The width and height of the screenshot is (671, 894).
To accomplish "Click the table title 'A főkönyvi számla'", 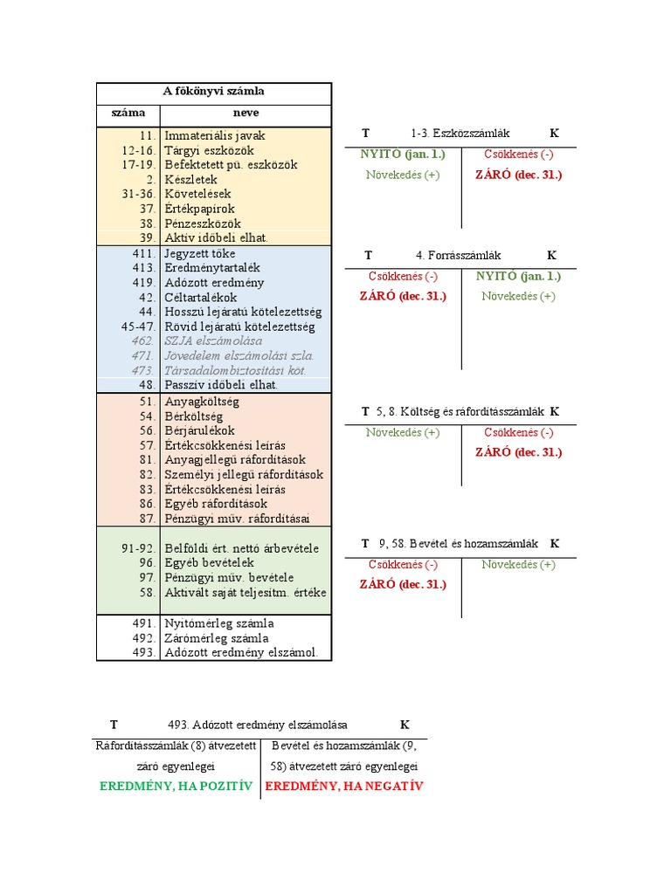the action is click(213, 91).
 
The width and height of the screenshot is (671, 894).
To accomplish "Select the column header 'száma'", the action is click(128, 113).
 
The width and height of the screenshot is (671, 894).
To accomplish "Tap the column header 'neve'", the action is click(246, 113).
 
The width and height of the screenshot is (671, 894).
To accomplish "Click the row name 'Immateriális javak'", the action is click(215, 135).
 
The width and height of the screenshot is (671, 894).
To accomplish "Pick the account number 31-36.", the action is click(138, 194).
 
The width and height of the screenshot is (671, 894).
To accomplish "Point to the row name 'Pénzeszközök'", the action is click(203, 223).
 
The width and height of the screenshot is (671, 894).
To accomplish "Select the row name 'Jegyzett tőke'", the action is click(200, 254).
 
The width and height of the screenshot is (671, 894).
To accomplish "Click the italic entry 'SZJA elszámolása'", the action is click(213, 341).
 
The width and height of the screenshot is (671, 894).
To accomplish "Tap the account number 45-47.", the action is click(138, 327).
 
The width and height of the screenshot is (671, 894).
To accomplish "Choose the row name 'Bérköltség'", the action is click(193, 416).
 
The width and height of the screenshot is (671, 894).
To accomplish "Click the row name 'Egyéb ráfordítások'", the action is click(216, 504).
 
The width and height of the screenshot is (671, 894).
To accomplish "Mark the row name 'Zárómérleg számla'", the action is click(217, 638).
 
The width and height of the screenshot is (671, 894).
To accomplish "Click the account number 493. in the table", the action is click(144, 652).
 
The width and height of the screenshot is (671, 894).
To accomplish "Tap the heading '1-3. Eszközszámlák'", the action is click(460, 134).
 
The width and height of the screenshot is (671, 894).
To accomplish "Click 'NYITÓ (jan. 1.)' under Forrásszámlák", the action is click(518, 276).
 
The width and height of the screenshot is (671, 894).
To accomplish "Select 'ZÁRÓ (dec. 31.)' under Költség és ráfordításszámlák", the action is click(518, 452).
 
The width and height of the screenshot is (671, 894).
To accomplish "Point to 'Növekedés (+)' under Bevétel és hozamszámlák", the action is click(518, 565).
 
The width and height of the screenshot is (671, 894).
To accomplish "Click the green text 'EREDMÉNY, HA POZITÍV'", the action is click(176, 787).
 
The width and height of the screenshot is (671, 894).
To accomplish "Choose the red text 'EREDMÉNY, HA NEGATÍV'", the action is click(344, 787).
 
